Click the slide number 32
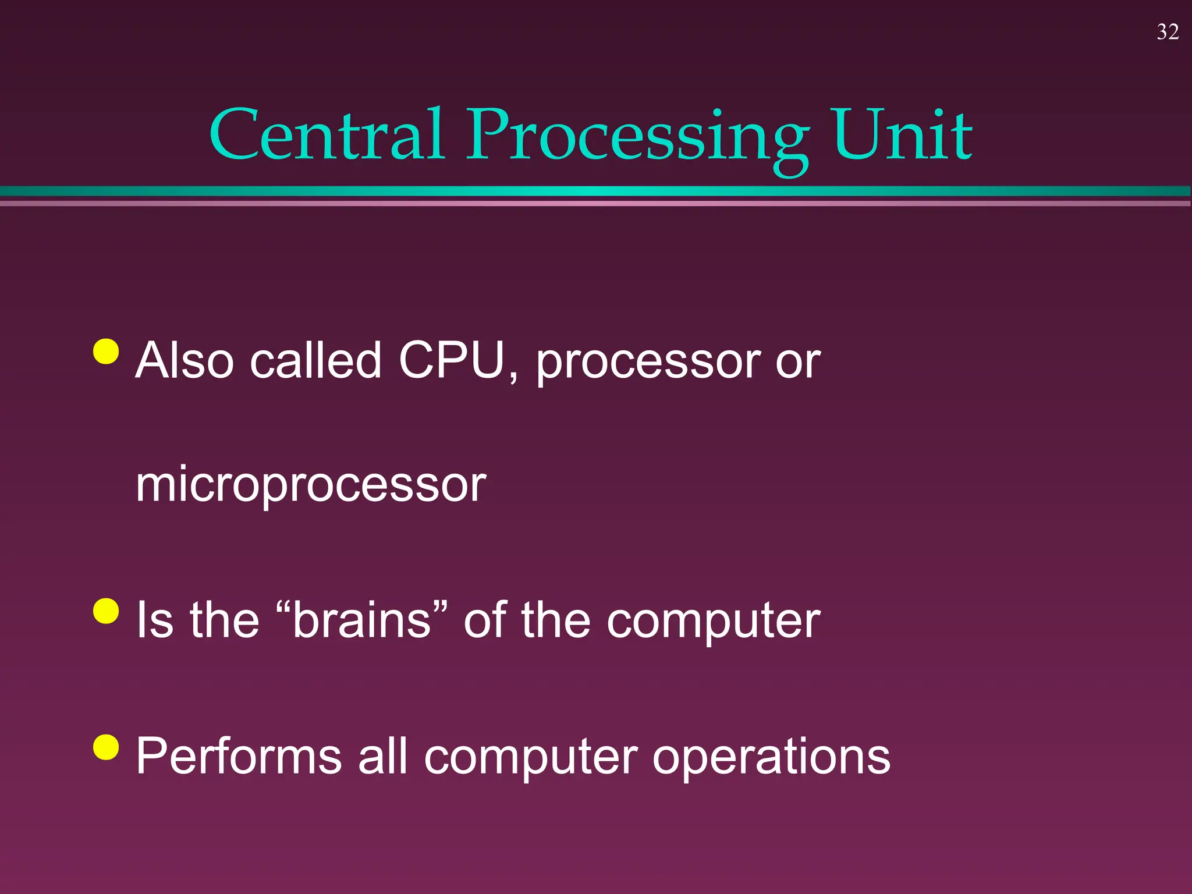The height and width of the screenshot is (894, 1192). (x=1168, y=32)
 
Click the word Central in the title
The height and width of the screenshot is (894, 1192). (x=327, y=135)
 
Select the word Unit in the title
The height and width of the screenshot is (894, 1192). (x=902, y=135)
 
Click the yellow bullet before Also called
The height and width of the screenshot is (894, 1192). (x=106, y=351)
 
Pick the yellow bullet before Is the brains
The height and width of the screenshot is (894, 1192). (x=106, y=611)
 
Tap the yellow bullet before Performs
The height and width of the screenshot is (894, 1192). (x=106, y=747)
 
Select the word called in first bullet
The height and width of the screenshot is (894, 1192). (x=315, y=361)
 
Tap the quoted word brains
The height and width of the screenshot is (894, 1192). (x=361, y=620)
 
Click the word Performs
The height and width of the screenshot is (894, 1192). (x=239, y=757)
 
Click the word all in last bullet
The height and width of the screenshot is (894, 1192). (x=382, y=757)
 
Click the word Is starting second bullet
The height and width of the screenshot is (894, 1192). (x=155, y=620)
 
